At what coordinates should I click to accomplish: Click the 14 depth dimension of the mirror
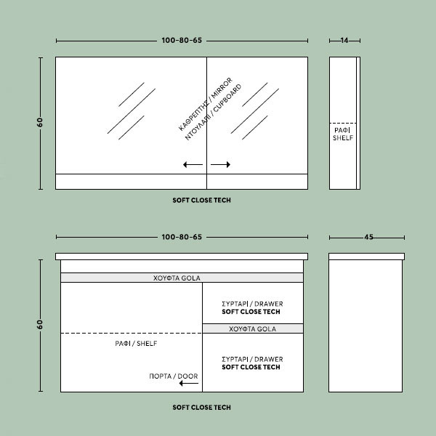point(344,41)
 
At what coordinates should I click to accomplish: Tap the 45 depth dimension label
point(368,237)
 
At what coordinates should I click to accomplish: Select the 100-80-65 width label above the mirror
point(182,40)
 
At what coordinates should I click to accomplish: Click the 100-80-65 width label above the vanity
point(182,237)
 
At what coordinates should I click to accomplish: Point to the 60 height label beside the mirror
point(40,122)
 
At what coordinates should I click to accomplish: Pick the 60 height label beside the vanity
point(40,325)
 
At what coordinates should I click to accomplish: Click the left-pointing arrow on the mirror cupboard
point(193,165)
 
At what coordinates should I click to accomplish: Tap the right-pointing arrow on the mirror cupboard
point(220,165)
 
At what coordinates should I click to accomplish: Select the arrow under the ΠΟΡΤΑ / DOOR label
point(189,384)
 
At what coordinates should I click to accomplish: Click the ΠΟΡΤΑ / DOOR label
point(174,376)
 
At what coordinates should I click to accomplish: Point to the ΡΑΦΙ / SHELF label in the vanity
point(136,344)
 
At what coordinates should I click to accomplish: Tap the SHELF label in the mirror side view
point(343,137)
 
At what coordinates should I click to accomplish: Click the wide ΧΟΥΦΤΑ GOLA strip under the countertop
point(182,278)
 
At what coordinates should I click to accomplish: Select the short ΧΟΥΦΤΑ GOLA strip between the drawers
point(253,328)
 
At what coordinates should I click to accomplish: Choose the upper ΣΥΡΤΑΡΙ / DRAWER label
point(252,304)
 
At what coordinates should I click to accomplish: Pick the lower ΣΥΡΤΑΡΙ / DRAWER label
point(252,359)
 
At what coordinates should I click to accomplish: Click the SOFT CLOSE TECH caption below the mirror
point(201,201)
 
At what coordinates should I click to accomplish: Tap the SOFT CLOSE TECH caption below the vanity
point(201,408)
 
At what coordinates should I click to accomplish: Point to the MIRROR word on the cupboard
point(222,88)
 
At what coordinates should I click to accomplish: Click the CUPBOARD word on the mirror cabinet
point(227,98)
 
